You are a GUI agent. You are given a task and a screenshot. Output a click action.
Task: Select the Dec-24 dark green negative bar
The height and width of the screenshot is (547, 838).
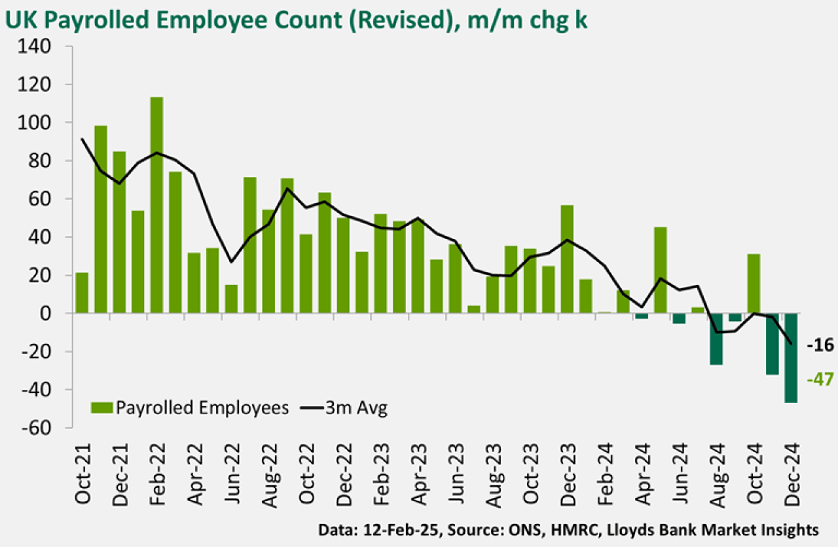pos(791,358)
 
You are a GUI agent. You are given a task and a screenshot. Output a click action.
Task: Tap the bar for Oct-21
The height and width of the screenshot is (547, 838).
pos(82,293)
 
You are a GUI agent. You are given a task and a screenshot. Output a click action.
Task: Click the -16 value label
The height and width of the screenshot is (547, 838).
pos(820,345)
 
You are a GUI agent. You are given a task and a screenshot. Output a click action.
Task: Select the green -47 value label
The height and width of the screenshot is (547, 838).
pos(820,379)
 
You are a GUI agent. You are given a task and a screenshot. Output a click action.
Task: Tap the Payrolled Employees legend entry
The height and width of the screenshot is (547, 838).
pos(190,408)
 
